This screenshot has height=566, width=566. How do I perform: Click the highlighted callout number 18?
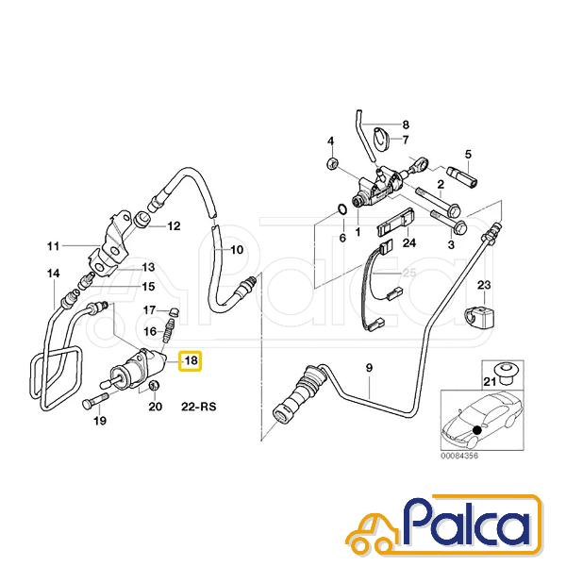[x=191, y=360]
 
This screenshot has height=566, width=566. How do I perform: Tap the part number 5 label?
[x=468, y=155]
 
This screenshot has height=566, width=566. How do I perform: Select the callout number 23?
[x=484, y=285]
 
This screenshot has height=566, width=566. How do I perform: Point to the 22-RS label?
[x=198, y=407]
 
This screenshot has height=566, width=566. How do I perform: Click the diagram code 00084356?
[x=459, y=456]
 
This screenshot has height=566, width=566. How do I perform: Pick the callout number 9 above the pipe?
[x=369, y=368]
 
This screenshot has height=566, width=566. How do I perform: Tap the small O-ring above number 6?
[x=342, y=209]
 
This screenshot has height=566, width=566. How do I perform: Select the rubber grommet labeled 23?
[x=480, y=316]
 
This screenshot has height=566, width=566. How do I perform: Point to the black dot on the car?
[x=477, y=430]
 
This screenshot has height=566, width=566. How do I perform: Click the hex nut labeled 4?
[x=332, y=164]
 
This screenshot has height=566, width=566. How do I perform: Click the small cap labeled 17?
[x=174, y=312]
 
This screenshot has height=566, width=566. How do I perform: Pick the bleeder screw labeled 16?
[x=168, y=331]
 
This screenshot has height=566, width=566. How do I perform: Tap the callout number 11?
[x=54, y=246]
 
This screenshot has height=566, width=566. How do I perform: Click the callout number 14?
[x=54, y=274]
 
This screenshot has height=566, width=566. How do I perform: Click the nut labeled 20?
[x=154, y=385]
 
